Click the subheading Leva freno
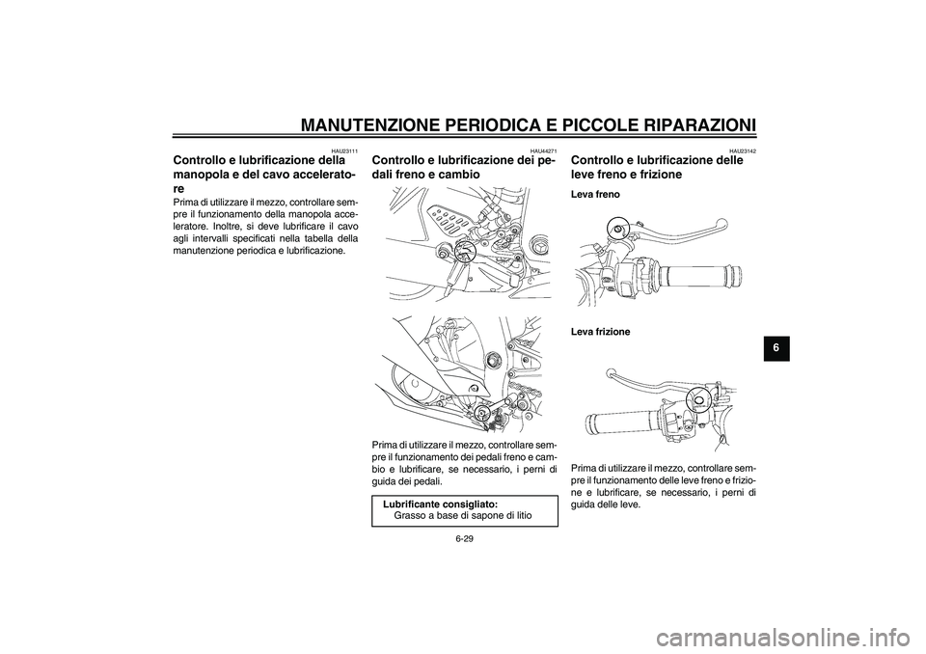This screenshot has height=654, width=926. point(595,194)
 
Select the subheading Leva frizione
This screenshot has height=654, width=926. point(600,332)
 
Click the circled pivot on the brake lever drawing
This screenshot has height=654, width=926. point(615,228)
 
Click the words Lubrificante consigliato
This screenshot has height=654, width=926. point(440,504)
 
